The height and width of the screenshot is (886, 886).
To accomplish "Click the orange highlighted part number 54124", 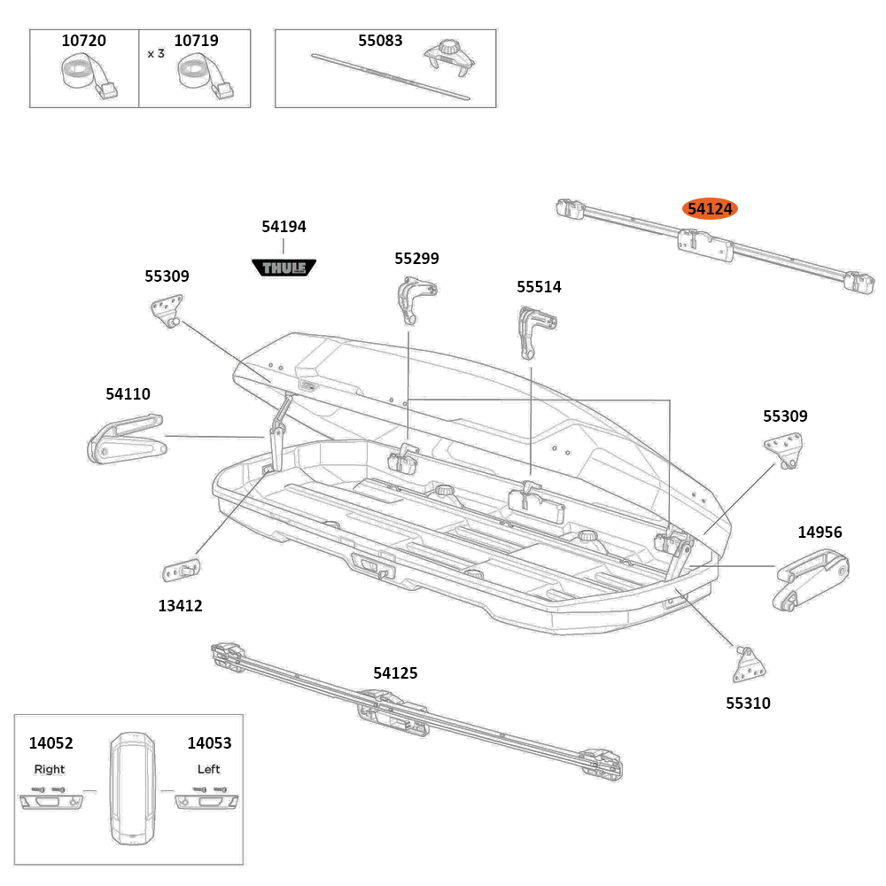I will click(710, 209).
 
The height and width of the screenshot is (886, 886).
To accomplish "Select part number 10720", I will click(83, 41).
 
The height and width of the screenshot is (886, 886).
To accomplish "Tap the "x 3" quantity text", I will click(156, 53).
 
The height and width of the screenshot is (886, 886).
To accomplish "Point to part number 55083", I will click(380, 41).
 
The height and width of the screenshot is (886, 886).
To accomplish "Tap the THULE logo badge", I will click(284, 266).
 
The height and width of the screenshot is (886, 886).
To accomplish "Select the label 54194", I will click(284, 227).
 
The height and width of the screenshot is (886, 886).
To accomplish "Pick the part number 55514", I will click(539, 287).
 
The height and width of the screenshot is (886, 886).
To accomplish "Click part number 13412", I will click(181, 606).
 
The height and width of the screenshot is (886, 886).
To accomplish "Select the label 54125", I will click(395, 673).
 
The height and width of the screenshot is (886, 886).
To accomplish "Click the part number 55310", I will click(748, 703).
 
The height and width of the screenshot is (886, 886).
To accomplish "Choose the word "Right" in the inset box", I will click(50, 769).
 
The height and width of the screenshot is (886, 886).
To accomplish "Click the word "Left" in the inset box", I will click(208, 769).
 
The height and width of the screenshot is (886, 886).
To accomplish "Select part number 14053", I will click(209, 743).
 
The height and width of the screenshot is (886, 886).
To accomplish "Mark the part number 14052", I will click(51, 743).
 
